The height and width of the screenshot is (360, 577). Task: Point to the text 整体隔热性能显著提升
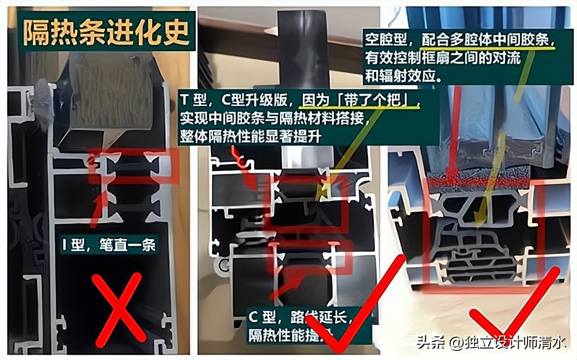click(x=250, y=136)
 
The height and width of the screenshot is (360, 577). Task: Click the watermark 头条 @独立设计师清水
click(x=491, y=343)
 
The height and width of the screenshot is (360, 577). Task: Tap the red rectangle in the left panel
click(x=134, y=166)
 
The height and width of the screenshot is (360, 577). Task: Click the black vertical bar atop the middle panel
click(x=303, y=43)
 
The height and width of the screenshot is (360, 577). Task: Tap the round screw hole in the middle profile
click(x=222, y=264)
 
